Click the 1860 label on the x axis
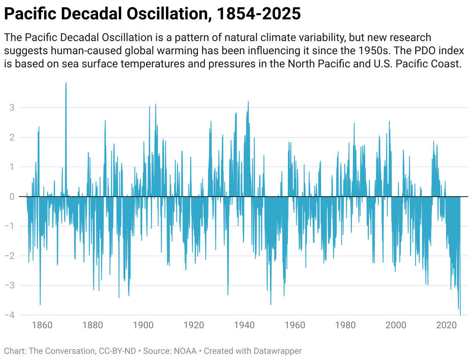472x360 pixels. point(42,325)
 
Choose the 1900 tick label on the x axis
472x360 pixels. point(144,325)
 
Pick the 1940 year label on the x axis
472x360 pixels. point(245,325)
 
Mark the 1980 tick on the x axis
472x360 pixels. point(346,325)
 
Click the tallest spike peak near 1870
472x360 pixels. point(66,83)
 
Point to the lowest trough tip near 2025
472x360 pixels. point(460,314)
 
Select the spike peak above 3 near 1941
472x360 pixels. point(248,101)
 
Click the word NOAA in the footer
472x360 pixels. point(185,351)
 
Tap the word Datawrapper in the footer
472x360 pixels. point(277,351)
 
